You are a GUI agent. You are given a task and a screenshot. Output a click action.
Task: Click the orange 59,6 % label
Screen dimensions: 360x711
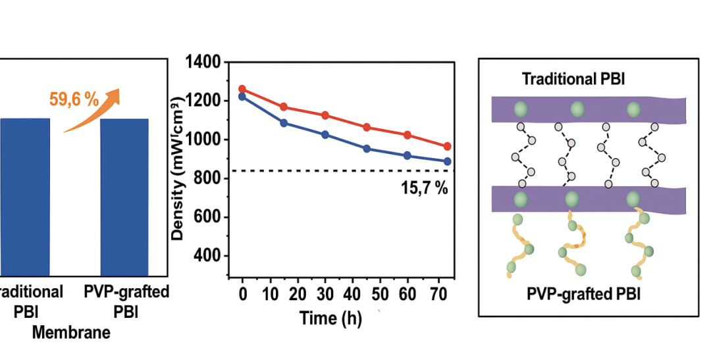(x=74, y=100)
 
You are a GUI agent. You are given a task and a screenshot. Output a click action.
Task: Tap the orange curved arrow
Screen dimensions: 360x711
(x=95, y=109)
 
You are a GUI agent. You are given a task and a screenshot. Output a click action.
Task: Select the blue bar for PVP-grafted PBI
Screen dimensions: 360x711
(x=124, y=197)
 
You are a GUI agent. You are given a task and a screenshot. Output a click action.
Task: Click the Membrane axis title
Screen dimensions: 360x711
(x=71, y=332)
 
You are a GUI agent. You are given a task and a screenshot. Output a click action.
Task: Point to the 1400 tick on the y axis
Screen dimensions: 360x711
(x=204, y=63)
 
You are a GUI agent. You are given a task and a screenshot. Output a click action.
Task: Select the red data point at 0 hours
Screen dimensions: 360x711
(x=242, y=89)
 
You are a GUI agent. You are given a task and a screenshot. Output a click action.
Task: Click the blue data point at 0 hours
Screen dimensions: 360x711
(x=242, y=97)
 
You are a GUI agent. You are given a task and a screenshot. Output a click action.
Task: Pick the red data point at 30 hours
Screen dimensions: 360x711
(x=325, y=115)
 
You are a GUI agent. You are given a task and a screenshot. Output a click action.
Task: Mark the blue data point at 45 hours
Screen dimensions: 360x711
(x=367, y=149)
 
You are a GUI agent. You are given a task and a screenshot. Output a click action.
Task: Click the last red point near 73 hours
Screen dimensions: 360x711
(x=448, y=147)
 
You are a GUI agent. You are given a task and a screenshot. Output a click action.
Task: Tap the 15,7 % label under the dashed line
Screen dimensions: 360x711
(x=424, y=188)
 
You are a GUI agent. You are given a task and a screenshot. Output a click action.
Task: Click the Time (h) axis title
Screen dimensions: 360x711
(x=330, y=319)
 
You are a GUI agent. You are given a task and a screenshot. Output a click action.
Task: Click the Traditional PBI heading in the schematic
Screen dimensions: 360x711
(x=573, y=80)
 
